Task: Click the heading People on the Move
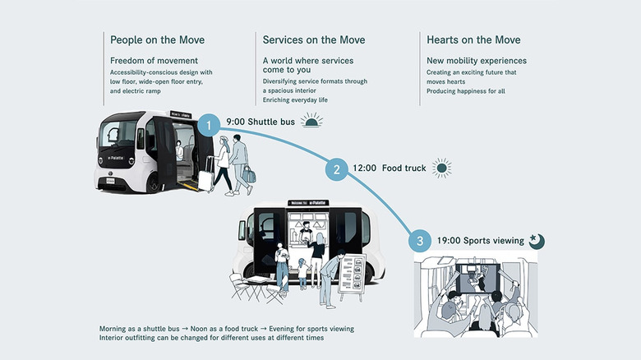[157, 39]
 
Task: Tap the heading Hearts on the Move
[473, 39]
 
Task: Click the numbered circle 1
[209, 124]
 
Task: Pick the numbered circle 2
[335, 169]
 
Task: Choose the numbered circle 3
[420, 241]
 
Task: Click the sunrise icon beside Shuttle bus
[311, 122]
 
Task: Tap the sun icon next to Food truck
[442, 168]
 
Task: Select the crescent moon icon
[537, 240]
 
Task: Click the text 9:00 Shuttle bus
[261, 123]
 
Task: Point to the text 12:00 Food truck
[389, 168]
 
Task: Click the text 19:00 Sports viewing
[480, 241]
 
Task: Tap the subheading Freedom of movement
[154, 61]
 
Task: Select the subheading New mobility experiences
[477, 61]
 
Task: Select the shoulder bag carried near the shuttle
[248, 175]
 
